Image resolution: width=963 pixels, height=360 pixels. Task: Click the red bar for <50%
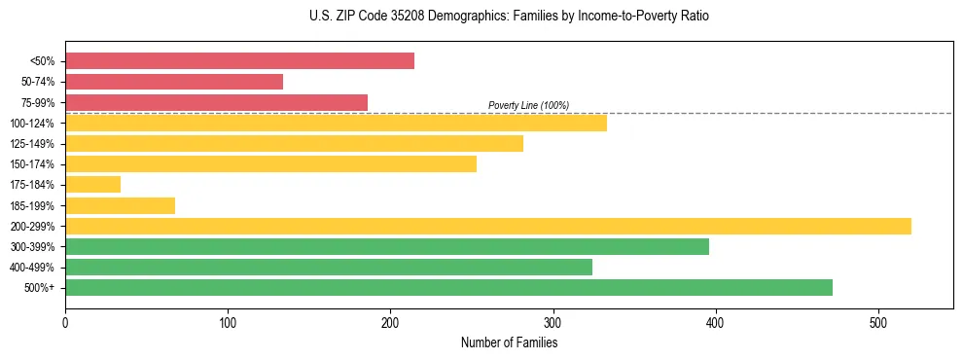[x=239, y=61]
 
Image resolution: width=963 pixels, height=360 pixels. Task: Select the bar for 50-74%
[x=174, y=82]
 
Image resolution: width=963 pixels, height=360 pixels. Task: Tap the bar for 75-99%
[x=216, y=102]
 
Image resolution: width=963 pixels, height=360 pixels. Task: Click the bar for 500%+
[x=448, y=287]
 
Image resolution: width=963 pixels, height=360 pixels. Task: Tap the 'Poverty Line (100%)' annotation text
[x=528, y=105]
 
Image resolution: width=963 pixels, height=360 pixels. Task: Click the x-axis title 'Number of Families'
[x=509, y=342]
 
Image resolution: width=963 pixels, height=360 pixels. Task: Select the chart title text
[x=509, y=17]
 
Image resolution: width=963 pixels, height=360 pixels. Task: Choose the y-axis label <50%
[x=43, y=61]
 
